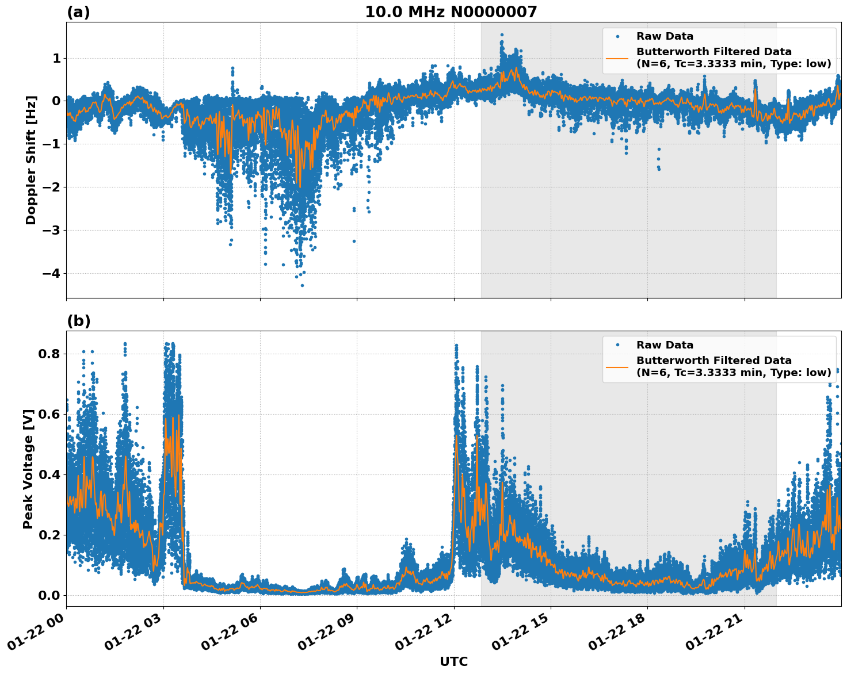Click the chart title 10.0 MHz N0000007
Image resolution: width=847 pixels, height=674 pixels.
(x=451, y=12)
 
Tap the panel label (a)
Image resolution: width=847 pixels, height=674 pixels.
(x=78, y=12)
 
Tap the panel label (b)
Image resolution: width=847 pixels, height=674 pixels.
(x=78, y=321)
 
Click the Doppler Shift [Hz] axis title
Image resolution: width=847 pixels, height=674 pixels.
(x=31, y=160)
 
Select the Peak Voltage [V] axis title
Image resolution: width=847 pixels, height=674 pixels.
(x=28, y=469)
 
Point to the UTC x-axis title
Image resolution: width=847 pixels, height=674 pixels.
(x=453, y=661)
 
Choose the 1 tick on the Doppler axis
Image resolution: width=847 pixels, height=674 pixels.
(x=56, y=58)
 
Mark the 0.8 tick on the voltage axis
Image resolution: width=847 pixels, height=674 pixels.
(x=49, y=354)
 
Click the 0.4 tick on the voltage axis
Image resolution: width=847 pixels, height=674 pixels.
(x=49, y=474)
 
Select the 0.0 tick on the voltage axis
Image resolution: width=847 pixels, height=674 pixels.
(x=49, y=595)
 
